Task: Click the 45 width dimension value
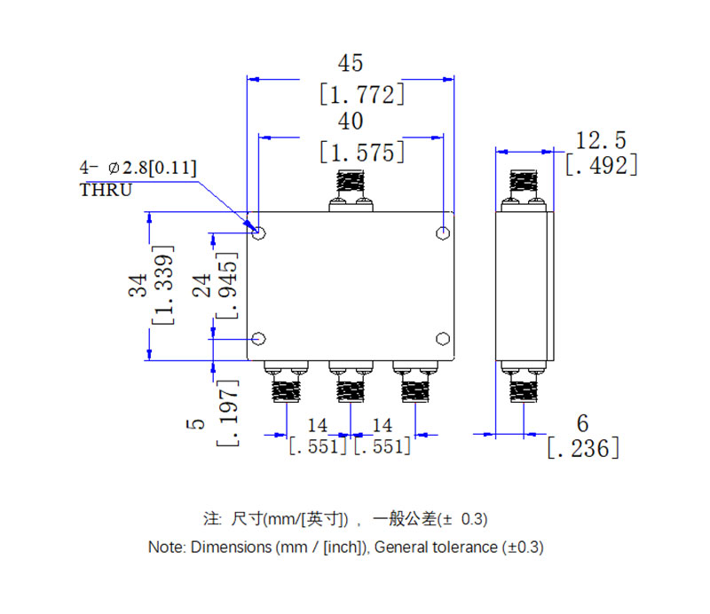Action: (x=351, y=64)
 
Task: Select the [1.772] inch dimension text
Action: (x=361, y=94)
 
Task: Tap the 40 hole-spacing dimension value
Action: (x=351, y=122)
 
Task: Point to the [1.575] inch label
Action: (x=361, y=152)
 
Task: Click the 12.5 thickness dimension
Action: (x=601, y=139)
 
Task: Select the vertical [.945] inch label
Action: (x=228, y=286)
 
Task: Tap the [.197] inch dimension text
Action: (x=228, y=412)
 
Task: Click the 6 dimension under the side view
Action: (x=582, y=424)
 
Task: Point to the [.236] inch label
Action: (x=582, y=449)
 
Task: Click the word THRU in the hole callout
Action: (x=106, y=191)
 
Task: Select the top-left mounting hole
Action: (x=260, y=233)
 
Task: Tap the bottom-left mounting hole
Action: (x=260, y=338)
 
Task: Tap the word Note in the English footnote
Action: (x=164, y=547)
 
